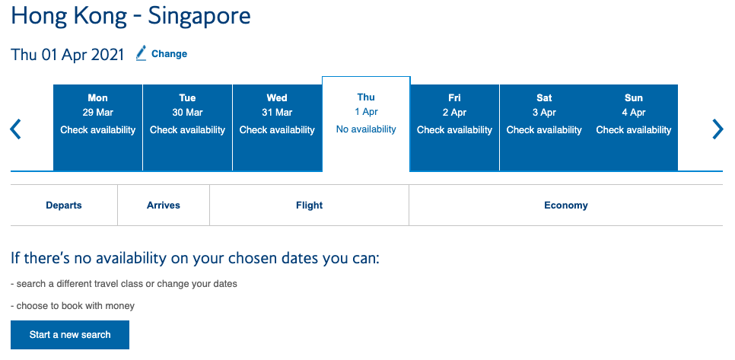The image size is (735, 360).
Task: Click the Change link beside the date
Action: click(x=169, y=54)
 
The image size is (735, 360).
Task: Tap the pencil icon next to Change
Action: click(x=141, y=53)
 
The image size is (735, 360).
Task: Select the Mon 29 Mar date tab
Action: click(x=97, y=128)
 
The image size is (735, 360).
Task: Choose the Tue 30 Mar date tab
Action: click(x=187, y=128)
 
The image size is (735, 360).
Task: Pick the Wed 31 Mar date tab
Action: click(x=277, y=128)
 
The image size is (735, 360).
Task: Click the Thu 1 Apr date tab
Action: click(x=366, y=124)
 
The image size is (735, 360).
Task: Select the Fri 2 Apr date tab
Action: click(x=455, y=128)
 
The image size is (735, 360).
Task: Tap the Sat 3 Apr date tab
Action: click(x=544, y=128)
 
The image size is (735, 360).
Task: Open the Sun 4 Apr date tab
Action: click(x=634, y=128)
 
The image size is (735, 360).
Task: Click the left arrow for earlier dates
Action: click(x=15, y=129)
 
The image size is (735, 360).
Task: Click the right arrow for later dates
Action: click(x=717, y=129)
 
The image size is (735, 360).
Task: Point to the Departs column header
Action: click(x=64, y=205)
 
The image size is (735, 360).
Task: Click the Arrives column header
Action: click(x=164, y=205)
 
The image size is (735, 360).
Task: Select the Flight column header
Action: click(x=310, y=205)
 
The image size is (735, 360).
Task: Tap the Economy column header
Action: click(x=566, y=205)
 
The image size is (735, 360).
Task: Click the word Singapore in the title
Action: click(x=199, y=16)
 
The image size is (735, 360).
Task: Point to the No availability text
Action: click(x=366, y=129)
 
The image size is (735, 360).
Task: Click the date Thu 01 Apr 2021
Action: click(x=68, y=55)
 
